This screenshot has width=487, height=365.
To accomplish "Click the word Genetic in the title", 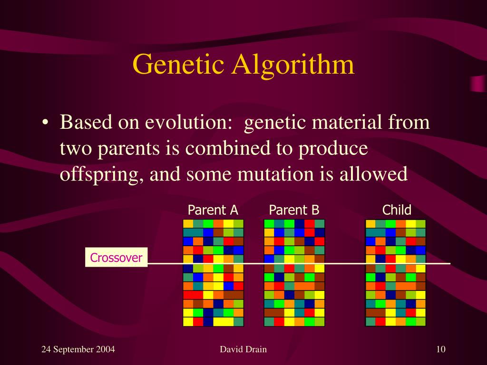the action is [178, 64].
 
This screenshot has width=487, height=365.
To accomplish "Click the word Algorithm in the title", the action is [292, 64].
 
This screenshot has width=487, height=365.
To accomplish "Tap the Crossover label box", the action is [116, 257].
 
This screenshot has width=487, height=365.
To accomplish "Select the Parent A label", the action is [213, 210].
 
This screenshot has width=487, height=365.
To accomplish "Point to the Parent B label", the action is [294, 210].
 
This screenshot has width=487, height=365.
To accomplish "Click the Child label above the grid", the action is [397, 210].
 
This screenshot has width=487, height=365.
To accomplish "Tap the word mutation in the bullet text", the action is [275, 174].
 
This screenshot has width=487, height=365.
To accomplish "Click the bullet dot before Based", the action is [45, 122].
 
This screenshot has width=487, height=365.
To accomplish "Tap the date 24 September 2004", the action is [78, 349].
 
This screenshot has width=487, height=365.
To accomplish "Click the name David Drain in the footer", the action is [243, 349].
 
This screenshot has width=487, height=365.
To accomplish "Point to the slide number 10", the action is [441, 349].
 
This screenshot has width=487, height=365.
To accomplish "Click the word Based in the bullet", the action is [86, 122].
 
